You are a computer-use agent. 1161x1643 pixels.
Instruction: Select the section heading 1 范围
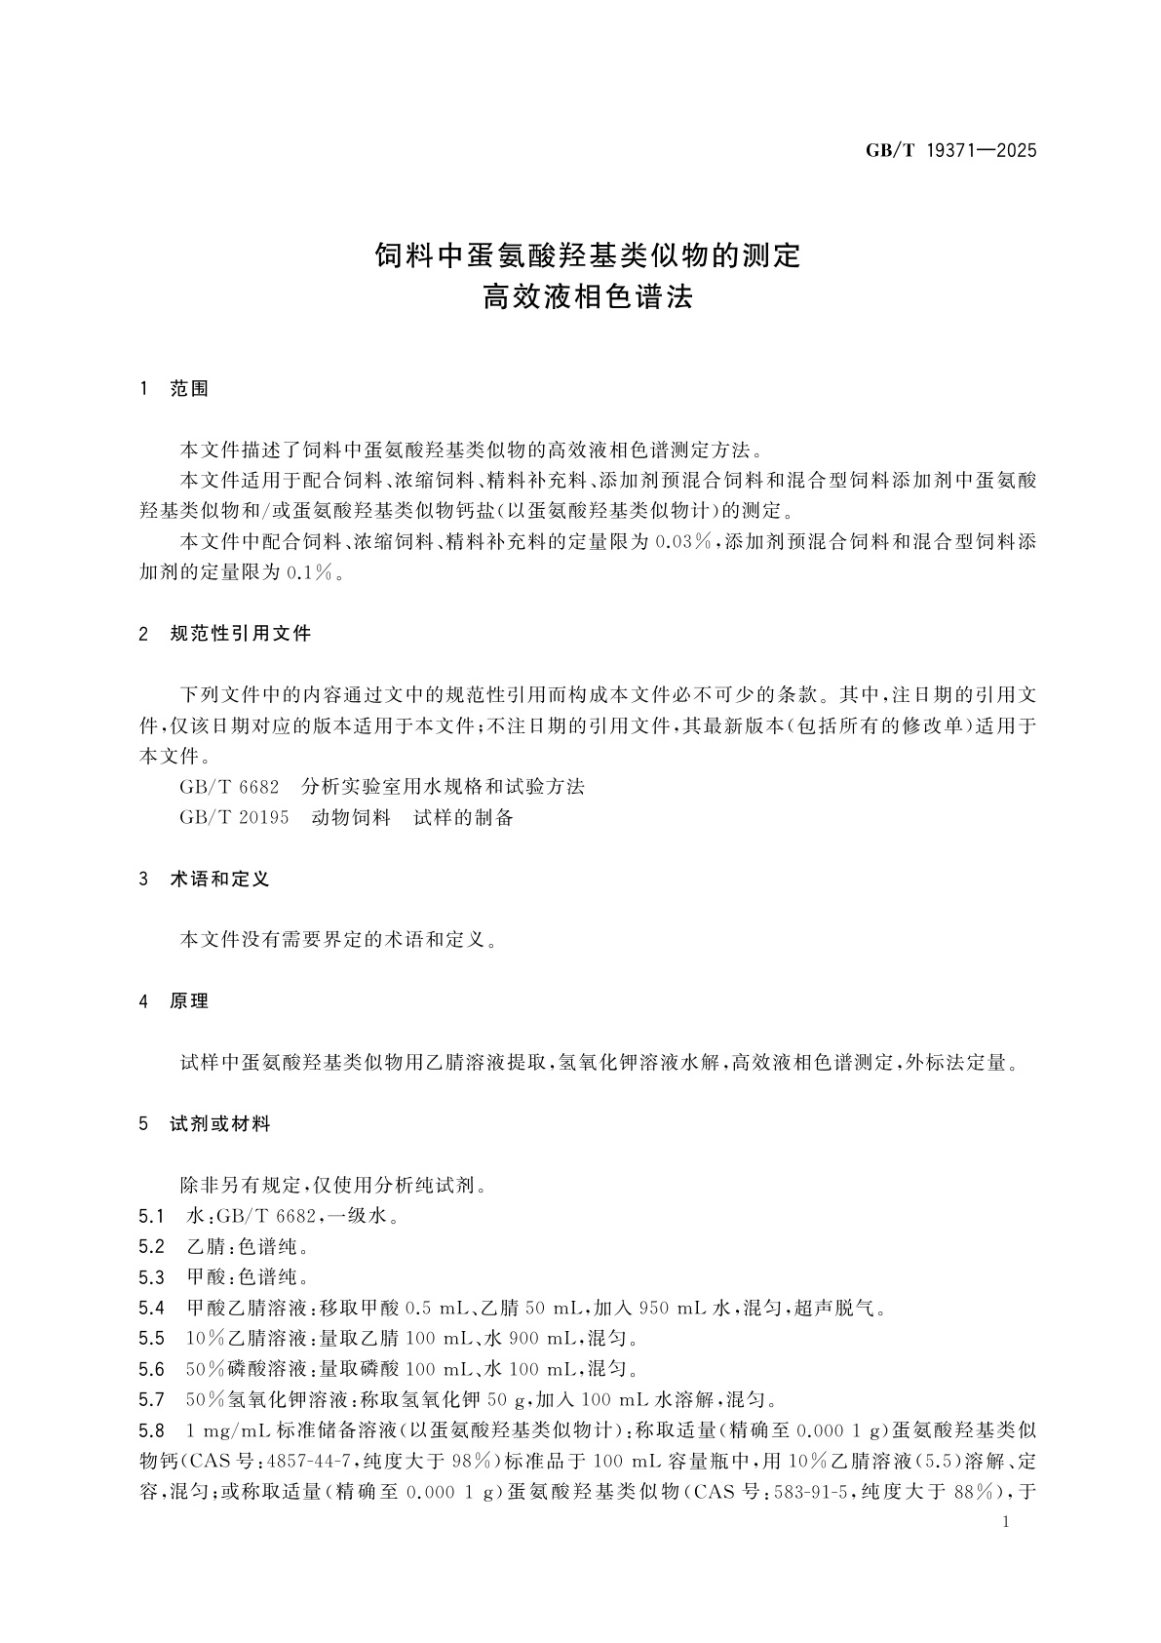(175, 388)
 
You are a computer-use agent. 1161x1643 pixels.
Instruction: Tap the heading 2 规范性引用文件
(226, 634)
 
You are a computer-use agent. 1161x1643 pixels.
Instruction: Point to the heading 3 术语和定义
(206, 879)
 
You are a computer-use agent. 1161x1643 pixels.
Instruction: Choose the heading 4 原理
(175, 1001)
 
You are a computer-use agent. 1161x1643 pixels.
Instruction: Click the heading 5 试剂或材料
(206, 1124)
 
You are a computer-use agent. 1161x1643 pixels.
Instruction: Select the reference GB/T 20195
(234, 817)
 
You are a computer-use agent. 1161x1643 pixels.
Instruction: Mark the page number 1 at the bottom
(1006, 1522)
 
